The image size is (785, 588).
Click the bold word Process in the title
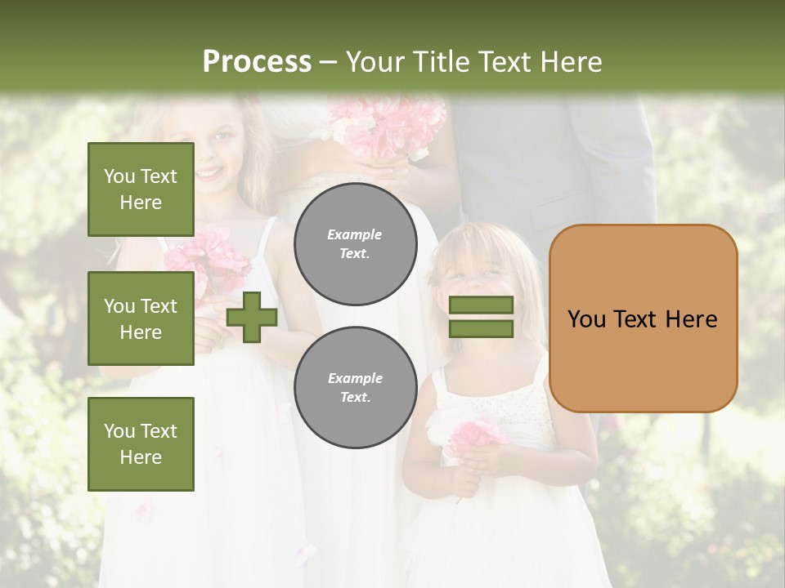tap(257, 61)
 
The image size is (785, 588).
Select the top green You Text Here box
tap(141, 189)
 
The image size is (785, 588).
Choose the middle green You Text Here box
tap(141, 318)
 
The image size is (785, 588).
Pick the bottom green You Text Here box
tap(141, 443)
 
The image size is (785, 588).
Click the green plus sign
tap(252, 317)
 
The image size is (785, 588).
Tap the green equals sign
tap(482, 317)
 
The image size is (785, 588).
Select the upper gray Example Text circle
tap(355, 244)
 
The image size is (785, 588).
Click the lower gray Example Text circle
tap(355, 387)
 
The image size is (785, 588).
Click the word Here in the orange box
tap(691, 318)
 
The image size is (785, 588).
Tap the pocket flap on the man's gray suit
tap(556, 214)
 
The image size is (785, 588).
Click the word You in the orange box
tap(586, 318)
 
